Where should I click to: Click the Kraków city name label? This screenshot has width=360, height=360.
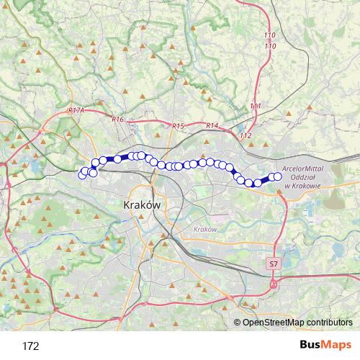141,205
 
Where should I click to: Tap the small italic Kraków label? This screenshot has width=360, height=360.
205,229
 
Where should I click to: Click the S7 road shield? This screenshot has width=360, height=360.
272,264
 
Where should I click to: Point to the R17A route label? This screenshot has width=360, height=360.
76,111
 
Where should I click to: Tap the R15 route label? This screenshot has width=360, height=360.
179,126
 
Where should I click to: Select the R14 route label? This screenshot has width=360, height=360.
212,126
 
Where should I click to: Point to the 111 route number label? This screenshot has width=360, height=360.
256,107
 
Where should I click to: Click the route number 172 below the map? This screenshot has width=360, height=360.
30,346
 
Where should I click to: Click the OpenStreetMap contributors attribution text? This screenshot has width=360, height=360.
297,322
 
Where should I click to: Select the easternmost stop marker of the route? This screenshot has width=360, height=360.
277,176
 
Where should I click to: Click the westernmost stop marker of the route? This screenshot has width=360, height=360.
82,174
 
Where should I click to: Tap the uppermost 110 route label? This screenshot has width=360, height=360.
270,35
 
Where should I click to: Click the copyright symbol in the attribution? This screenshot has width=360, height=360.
238,322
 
